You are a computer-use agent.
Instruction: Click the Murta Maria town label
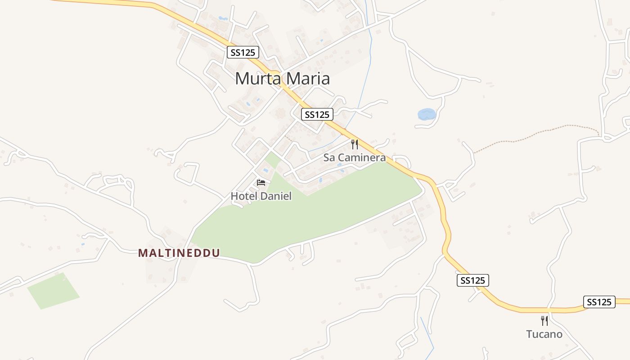coord(282,79)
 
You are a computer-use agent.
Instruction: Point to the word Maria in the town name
coord(308,79)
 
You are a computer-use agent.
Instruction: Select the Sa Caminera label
coord(355,157)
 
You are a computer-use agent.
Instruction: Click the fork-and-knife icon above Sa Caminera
coord(355,144)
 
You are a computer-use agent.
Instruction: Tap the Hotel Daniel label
coord(261,196)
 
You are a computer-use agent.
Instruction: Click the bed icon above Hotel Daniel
coord(261,183)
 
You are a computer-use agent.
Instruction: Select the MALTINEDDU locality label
coord(179,253)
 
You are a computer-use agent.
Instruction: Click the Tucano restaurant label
coord(544,334)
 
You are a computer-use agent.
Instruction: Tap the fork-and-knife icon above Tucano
coord(544,321)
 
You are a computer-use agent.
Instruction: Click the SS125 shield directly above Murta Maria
coord(243,52)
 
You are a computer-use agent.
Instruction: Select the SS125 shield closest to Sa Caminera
coord(317,114)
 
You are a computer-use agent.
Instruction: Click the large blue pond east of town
coord(426,114)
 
